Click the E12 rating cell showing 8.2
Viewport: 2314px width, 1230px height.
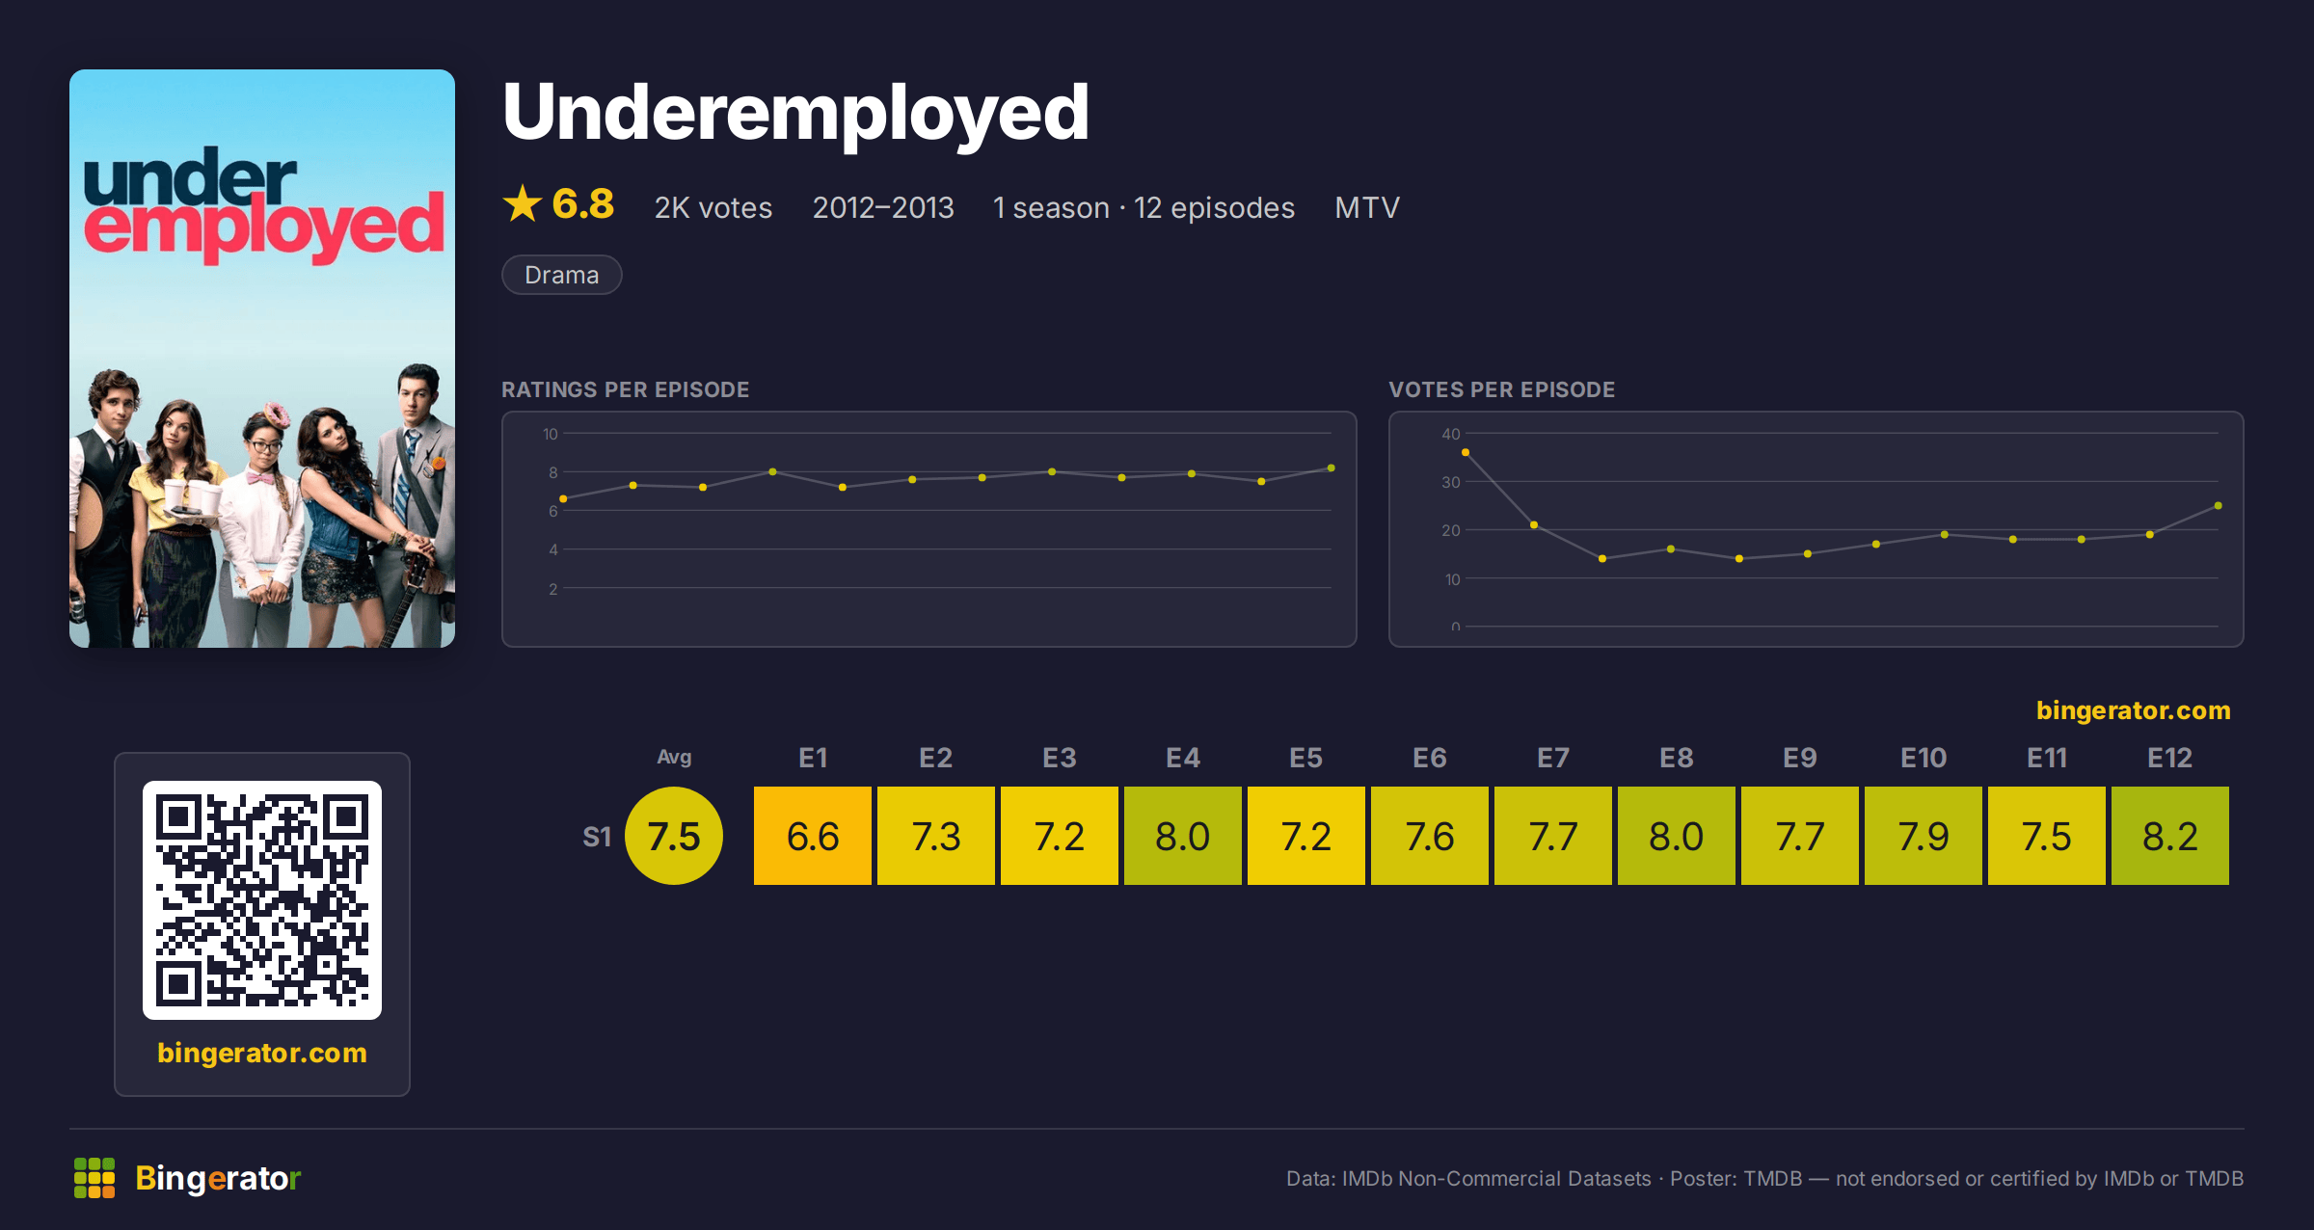point(2169,836)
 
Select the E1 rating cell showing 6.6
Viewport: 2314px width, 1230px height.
point(813,836)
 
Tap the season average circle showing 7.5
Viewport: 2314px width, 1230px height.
point(674,836)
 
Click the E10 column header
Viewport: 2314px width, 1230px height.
point(1924,758)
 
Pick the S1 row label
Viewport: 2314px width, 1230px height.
point(597,837)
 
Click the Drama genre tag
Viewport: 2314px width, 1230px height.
point(562,275)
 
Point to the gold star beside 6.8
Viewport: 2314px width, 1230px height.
point(523,203)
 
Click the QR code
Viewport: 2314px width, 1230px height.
point(262,900)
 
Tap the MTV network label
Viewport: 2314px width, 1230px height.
point(1367,207)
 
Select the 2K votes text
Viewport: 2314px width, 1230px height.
point(713,207)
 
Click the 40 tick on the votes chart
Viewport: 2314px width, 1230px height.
point(1451,434)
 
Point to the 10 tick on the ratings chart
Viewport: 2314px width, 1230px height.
point(551,434)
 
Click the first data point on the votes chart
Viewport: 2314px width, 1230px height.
point(1466,452)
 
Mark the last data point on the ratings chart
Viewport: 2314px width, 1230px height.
point(1332,468)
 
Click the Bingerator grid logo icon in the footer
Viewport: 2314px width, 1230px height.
point(94,1178)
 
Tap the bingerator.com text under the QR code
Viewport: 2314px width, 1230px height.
point(262,1053)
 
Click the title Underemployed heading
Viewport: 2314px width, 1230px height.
point(796,114)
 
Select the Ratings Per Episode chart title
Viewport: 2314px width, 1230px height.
point(626,389)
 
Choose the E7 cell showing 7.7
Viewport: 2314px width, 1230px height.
point(1553,836)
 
